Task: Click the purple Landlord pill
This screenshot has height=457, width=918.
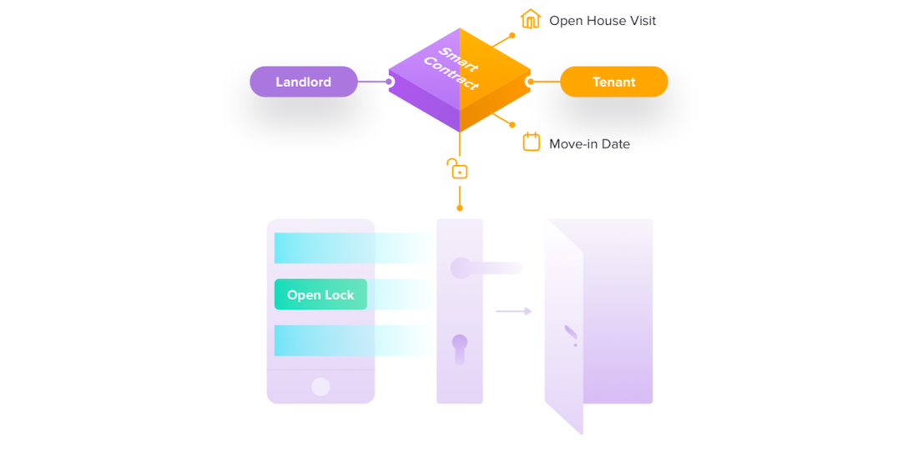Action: (x=304, y=82)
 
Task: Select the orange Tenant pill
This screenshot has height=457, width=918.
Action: (x=613, y=82)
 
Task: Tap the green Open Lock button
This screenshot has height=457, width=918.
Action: (x=320, y=295)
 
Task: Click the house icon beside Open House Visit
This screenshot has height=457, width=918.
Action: (x=530, y=19)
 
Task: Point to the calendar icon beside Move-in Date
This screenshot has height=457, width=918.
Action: (x=531, y=143)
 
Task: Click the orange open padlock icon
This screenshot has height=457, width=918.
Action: (x=457, y=168)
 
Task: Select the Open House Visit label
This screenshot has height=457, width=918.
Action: (x=602, y=20)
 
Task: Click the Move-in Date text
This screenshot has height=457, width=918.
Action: (x=589, y=143)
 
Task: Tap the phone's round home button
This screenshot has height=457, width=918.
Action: (x=320, y=386)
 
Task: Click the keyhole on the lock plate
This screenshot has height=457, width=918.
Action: (x=460, y=348)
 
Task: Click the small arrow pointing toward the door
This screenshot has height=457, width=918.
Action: (x=513, y=311)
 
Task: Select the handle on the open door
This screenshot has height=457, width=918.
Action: (x=571, y=334)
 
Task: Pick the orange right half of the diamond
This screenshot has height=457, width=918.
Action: (x=492, y=79)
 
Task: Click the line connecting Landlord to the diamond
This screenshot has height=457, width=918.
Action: (x=372, y=82)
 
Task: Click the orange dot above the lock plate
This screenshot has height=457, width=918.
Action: (x=460, y=208)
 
